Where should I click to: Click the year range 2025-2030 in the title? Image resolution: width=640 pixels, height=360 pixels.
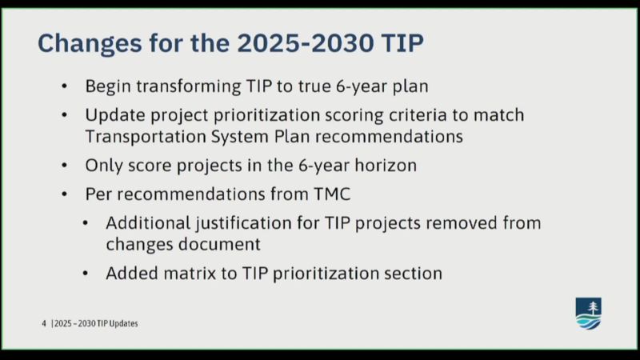(x=306, y=43)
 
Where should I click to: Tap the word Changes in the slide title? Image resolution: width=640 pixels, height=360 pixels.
(x=90, y=44)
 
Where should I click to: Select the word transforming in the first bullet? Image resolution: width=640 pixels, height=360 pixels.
(x=189, y=86)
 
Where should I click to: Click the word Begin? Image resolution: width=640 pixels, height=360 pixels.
(x=108, y=87)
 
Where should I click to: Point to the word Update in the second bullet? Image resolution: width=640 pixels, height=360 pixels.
(x=115, y=115)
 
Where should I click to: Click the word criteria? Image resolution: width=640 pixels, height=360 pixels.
(x=418, y=115)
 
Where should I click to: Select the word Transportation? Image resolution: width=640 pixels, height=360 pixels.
(x=146, y=137)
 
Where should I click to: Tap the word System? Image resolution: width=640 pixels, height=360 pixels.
(x=240, y=137)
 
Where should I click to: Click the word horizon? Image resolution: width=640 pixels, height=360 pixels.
(x=386, y=166)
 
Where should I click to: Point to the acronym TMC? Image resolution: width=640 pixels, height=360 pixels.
(x=332, y=194)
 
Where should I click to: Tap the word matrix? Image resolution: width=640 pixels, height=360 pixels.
(x=190, y=274)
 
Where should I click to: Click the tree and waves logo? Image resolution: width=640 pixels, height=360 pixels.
(x=588, y=314)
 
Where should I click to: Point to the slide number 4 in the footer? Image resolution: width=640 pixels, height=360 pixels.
(x=44, y=324)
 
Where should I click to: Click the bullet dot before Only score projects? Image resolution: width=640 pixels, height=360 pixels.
(x=65, y=166)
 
